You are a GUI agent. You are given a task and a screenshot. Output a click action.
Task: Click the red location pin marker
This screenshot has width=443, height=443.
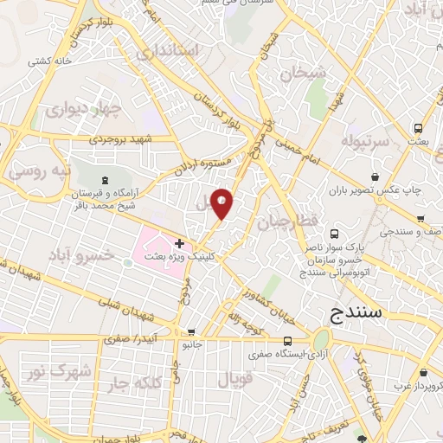point(222,203)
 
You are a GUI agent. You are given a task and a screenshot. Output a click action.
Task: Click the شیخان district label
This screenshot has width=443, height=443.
point(304,74)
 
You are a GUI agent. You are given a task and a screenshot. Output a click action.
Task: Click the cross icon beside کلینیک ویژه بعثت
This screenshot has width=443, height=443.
point(179,244)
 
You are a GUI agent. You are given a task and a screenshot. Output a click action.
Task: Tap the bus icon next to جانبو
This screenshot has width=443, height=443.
point(191,331)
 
